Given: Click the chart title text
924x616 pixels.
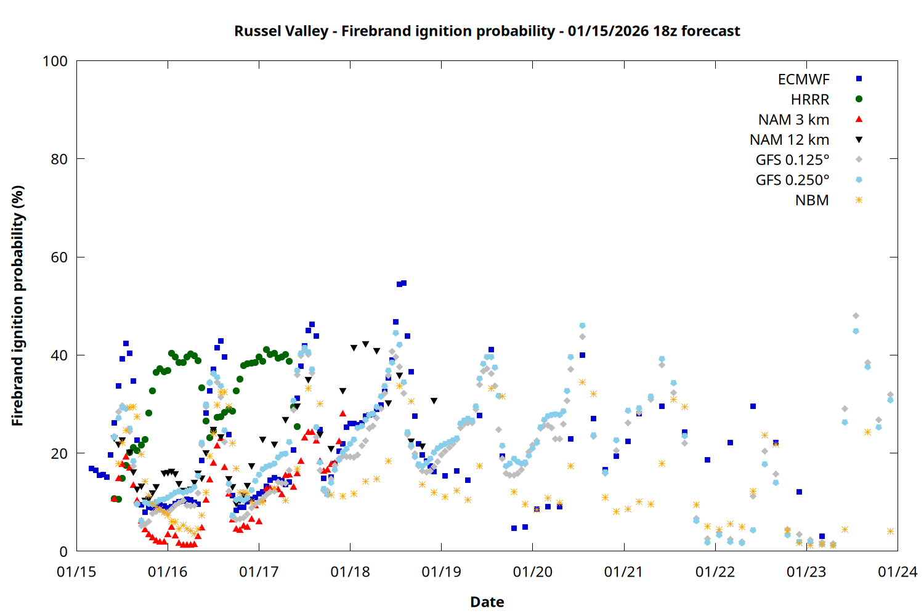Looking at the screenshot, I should pyautogui.click(x=487, y=31).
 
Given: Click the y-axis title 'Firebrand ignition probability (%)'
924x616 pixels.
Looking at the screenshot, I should pyautogui.click(x=18, y=306).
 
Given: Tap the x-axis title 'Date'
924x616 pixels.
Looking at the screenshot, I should pyautogui.click(x=487, y=602).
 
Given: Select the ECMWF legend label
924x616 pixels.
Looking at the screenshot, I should pyautogui.click(x=803, y=79).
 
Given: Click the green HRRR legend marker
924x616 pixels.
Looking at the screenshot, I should pyautogui.click(x=859, y=99).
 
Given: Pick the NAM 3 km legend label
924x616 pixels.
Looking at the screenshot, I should pyautogui.click(x=793, y=120).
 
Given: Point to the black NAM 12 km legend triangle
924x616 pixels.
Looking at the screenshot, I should pyautogui.click(x=859, y=140).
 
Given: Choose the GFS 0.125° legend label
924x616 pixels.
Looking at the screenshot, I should pyautogui.click(x=792, y=160).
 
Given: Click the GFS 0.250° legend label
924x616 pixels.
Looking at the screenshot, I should pyautogui.click(x=792, y=180).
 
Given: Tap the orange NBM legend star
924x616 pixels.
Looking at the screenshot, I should pyautogui.click(x=859, y=200).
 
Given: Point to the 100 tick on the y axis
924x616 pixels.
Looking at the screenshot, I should pyautogui.click(x=55, y=61).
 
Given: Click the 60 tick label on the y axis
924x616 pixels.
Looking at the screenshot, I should pyautogui.click(x=59, y=257).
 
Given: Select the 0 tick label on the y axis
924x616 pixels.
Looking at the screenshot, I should pyautogui.click(x=63, y=551).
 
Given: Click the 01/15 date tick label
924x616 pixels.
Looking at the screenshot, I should pyautogui.click(x=76, y=572).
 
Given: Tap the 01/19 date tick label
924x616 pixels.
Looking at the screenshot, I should pyautogui.click(x=441, y=572).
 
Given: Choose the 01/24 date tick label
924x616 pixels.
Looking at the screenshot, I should pyautogui.click(x=897, y=572).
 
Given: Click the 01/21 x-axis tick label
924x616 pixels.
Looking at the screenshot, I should pyautogui.click(x=623, y=572).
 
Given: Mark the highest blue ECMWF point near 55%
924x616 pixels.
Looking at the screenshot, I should pyautogui.click(x=403, y=283).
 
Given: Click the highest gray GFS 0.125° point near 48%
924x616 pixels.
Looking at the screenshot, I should pyautogui.click(x=856, y=316).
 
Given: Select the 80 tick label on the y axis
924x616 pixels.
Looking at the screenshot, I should pyautogui.click(x=59, y=159).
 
